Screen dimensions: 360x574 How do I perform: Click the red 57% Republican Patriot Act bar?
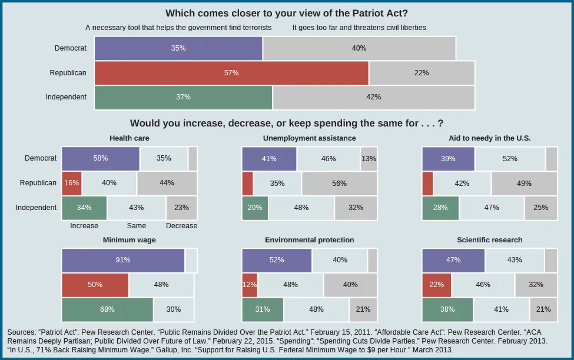(231, 73)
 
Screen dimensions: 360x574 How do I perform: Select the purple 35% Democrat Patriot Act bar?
(178, 48)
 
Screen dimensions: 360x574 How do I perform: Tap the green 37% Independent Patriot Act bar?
(183, 97)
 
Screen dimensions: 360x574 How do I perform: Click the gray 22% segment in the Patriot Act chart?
(422, 73)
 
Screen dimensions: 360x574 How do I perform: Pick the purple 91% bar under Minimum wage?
(123, 260)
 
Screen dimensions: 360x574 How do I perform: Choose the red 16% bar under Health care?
(72, 183)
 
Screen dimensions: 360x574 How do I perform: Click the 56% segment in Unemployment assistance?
(339, 183)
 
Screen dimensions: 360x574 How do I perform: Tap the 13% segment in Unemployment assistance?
(369, 159)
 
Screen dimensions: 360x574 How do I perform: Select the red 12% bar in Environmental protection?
(250, 285)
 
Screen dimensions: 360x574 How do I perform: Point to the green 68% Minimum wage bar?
(107, 309)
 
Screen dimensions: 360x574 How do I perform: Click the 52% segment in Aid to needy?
(510, 159)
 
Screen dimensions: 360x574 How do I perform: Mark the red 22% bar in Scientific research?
(436, 285)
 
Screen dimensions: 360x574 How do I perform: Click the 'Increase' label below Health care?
(84, 226)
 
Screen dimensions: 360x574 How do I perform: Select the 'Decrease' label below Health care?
(181, 226)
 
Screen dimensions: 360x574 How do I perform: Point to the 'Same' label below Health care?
(136, 226)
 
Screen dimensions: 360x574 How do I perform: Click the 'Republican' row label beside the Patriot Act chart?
(68, 73)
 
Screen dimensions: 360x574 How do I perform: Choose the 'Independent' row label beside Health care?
(36, 208)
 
